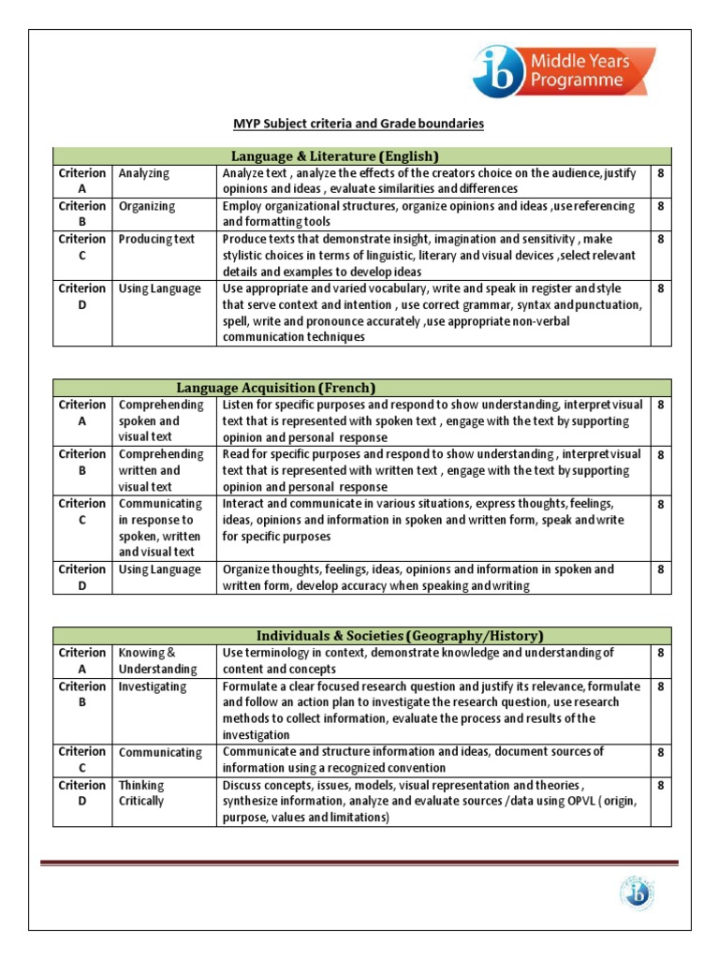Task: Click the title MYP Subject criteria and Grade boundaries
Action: tap(358, 124)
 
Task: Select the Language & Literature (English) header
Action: tap(361, 155)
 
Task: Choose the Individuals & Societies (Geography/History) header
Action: tap(361, 635)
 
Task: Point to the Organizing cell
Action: tap(147, 206)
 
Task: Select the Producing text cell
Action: tap(156, 239)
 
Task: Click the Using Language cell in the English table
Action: tap(159, 288)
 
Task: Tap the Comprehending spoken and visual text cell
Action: tap(161, 420)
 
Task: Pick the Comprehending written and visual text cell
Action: tap(161, 470)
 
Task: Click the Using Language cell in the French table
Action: tap(159, 569)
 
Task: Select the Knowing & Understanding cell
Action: tap(157, 660)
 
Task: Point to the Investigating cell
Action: tap(152, 686)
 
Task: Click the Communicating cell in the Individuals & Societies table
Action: tap(159, 752)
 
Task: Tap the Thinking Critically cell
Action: tap(141, 793)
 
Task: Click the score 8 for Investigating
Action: tap(661, 686)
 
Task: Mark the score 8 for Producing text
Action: tap(661, 239)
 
